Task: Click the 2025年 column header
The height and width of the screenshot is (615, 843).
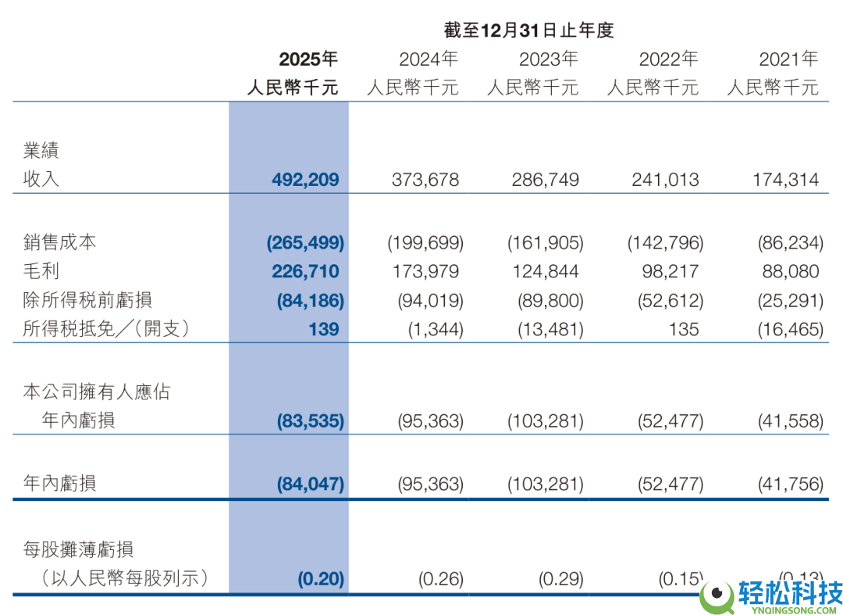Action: point(308,59)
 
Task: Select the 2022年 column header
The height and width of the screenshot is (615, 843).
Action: point(668,59)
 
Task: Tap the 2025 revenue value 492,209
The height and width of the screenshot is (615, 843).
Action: point(305,180)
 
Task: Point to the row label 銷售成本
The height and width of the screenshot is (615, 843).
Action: point(60,242)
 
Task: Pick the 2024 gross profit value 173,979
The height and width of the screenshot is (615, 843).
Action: point(425,271)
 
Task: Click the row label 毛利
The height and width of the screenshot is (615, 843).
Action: point(41,271)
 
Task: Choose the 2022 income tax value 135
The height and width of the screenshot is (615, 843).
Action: point(683,329)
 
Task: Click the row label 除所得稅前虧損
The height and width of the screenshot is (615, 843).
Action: point(87,300)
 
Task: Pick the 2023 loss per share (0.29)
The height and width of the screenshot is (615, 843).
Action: point(560,579)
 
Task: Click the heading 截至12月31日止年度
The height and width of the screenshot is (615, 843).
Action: point(528,30)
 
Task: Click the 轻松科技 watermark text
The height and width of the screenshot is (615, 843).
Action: point(789,592)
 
